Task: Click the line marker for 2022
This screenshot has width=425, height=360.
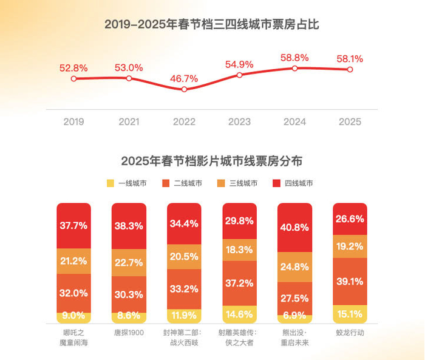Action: tap(185, 89)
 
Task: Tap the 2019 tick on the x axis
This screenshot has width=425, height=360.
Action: tap(73, 122)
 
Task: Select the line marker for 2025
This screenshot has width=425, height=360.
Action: tap(350, 69)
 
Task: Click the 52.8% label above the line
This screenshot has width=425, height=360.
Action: tap(73, 67)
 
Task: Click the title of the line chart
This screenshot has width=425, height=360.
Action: tap(212, 25)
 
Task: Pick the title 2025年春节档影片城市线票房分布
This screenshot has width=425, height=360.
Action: tap(212, 161)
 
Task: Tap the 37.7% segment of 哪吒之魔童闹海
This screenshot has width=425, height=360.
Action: tap(73, 225)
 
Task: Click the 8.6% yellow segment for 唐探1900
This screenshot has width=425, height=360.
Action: tap(129, 316)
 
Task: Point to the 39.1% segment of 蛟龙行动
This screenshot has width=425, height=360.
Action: tap(350, 282)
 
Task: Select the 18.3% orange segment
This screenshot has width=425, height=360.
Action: tap(239, 250)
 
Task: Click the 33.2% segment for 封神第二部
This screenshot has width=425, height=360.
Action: tap(184, 288)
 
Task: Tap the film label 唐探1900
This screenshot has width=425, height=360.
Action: tap(129, 333)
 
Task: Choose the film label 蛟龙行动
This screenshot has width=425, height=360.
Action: tap(350, 333)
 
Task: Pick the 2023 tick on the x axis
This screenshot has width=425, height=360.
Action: tap(239, 122)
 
